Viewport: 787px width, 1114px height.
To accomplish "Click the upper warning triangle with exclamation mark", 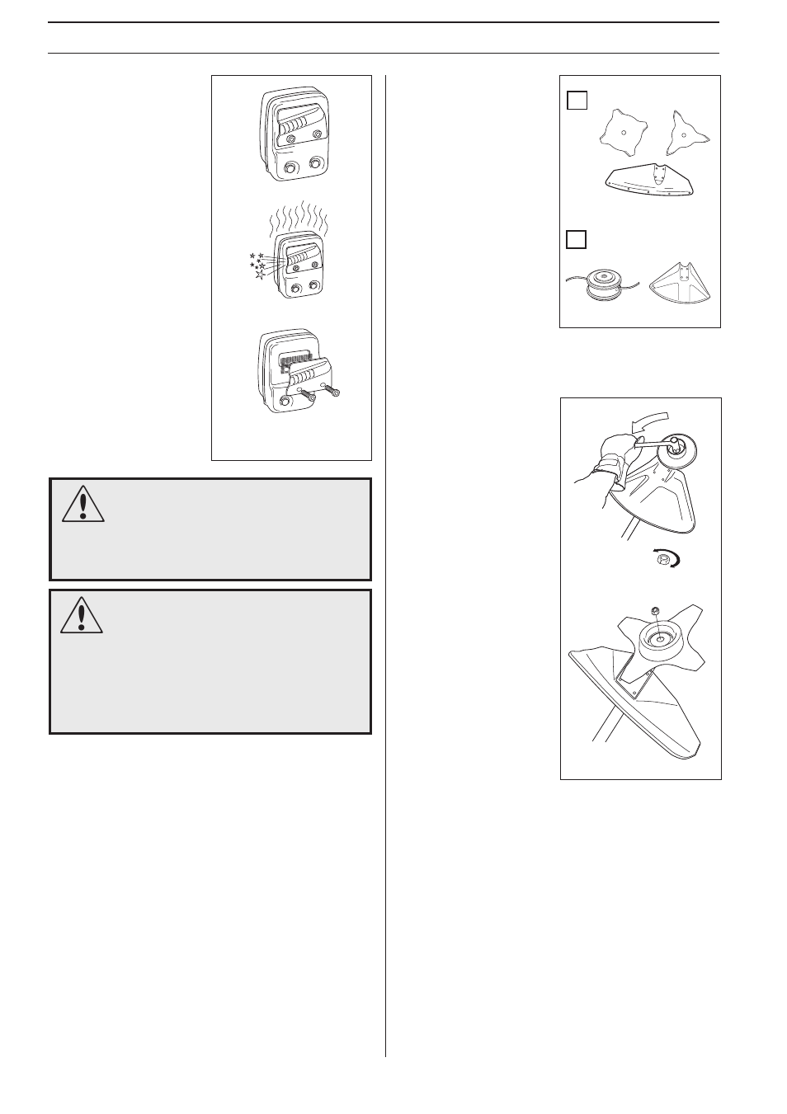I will pyautogui.click(x=82, y=505).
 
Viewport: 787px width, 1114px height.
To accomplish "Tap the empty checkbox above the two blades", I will pyautogui.click(x=577, y=101).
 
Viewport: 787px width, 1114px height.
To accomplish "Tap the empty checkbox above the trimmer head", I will pyautogui.click(x=577, y=239).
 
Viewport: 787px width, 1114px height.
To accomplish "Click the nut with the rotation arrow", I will pyautogui.click(x=660, y=560).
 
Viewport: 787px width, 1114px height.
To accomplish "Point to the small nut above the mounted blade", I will pyautogui.click(x=654, y=611).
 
